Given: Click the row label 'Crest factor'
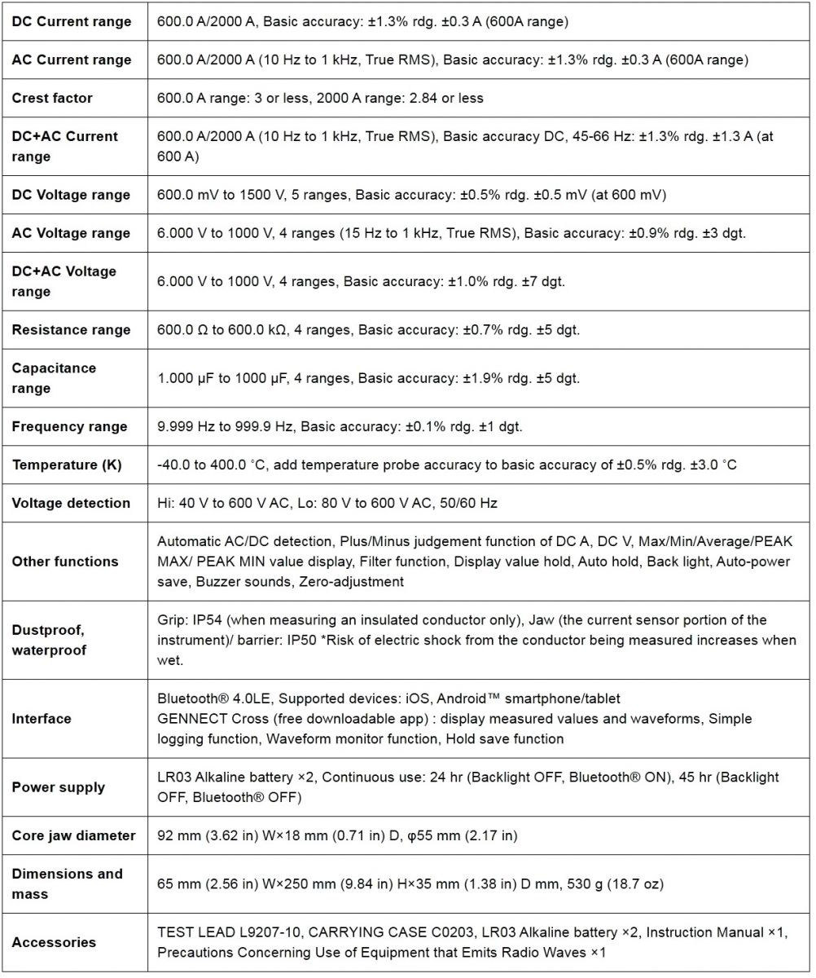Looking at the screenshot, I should (x=52, y=98).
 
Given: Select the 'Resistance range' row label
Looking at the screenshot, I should (x=71, y=330).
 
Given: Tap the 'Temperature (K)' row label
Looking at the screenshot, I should (x=66, y=465).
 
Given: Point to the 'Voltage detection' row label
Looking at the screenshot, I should (x=71, y=504).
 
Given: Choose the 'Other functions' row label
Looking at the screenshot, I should (x=65, y=562).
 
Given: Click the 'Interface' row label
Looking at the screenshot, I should (x=42, y=719).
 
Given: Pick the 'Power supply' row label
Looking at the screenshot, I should (x=58, y=787).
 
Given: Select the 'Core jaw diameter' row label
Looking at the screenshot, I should (x=73, y=835).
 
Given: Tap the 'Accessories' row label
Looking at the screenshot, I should (x=54, y=942).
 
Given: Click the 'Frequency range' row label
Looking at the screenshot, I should (x=69, y=427).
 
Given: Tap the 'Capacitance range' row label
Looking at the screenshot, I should (x=54, y=378).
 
